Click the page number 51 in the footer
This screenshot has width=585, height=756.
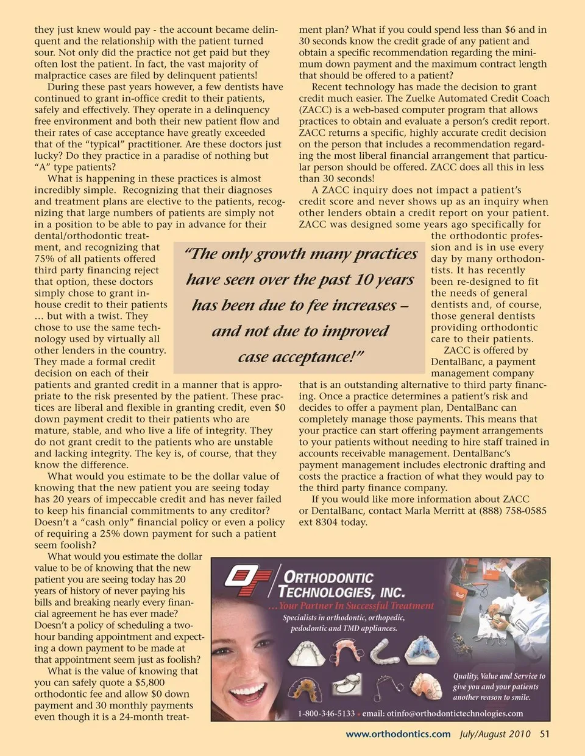point(544,733)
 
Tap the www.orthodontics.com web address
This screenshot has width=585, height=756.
point(398,733)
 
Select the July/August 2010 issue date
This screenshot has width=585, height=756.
point(495,733)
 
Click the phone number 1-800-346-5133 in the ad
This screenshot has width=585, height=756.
point(326,713)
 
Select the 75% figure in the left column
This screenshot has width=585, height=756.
point(45,259)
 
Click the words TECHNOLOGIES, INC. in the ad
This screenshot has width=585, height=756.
point(341,591)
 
